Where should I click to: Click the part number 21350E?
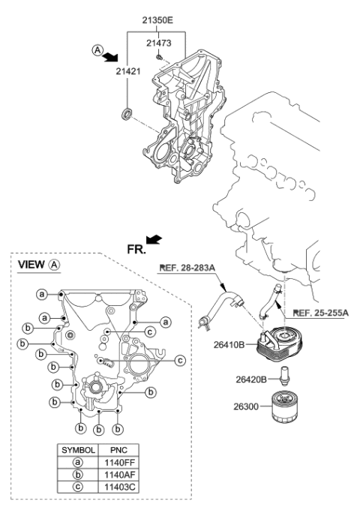pyautogui.click(x=157, y=20)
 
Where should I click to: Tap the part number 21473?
pyautogui.click(x=159, y=43)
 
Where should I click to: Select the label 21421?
pyautogui.click(x=128, y=71)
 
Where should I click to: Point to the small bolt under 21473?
pyautogui.click(x=159, y=58)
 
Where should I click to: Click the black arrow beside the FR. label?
pyautogui.click(x=154, y=239)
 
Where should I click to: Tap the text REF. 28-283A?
pyautogui.click(x=187, y=268)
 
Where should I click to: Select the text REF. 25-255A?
pyautogui.click(x=320, y=313)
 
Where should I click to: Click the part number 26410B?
pyautogui.click(x=229, y=345)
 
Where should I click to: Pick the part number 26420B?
pyautogui.click(x=251, y=379)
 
